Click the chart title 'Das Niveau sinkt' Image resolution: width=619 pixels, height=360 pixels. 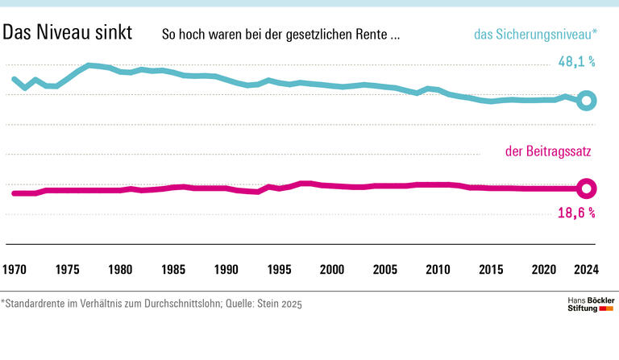[68, 34]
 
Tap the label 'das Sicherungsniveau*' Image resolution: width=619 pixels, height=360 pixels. [535, 35]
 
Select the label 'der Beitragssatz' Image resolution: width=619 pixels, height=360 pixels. [550, 151]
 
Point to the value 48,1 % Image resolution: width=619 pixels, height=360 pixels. [576, 61]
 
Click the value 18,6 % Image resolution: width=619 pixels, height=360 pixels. [576, 213]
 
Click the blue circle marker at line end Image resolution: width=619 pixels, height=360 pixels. [588, 101]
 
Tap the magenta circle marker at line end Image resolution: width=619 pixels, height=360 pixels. [588, 188]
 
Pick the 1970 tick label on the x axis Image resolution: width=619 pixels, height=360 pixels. [15, 268]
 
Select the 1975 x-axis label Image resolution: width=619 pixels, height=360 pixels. [67, 268]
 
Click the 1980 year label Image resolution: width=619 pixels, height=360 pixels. [120, 268]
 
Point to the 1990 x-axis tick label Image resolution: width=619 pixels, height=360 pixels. [226, 268]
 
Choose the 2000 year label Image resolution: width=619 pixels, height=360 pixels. [332, 268]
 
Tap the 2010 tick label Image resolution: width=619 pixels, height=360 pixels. [438, 268]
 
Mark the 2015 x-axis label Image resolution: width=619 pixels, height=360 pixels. [492, 268]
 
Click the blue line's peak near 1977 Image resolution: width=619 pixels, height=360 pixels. [89, 64]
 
